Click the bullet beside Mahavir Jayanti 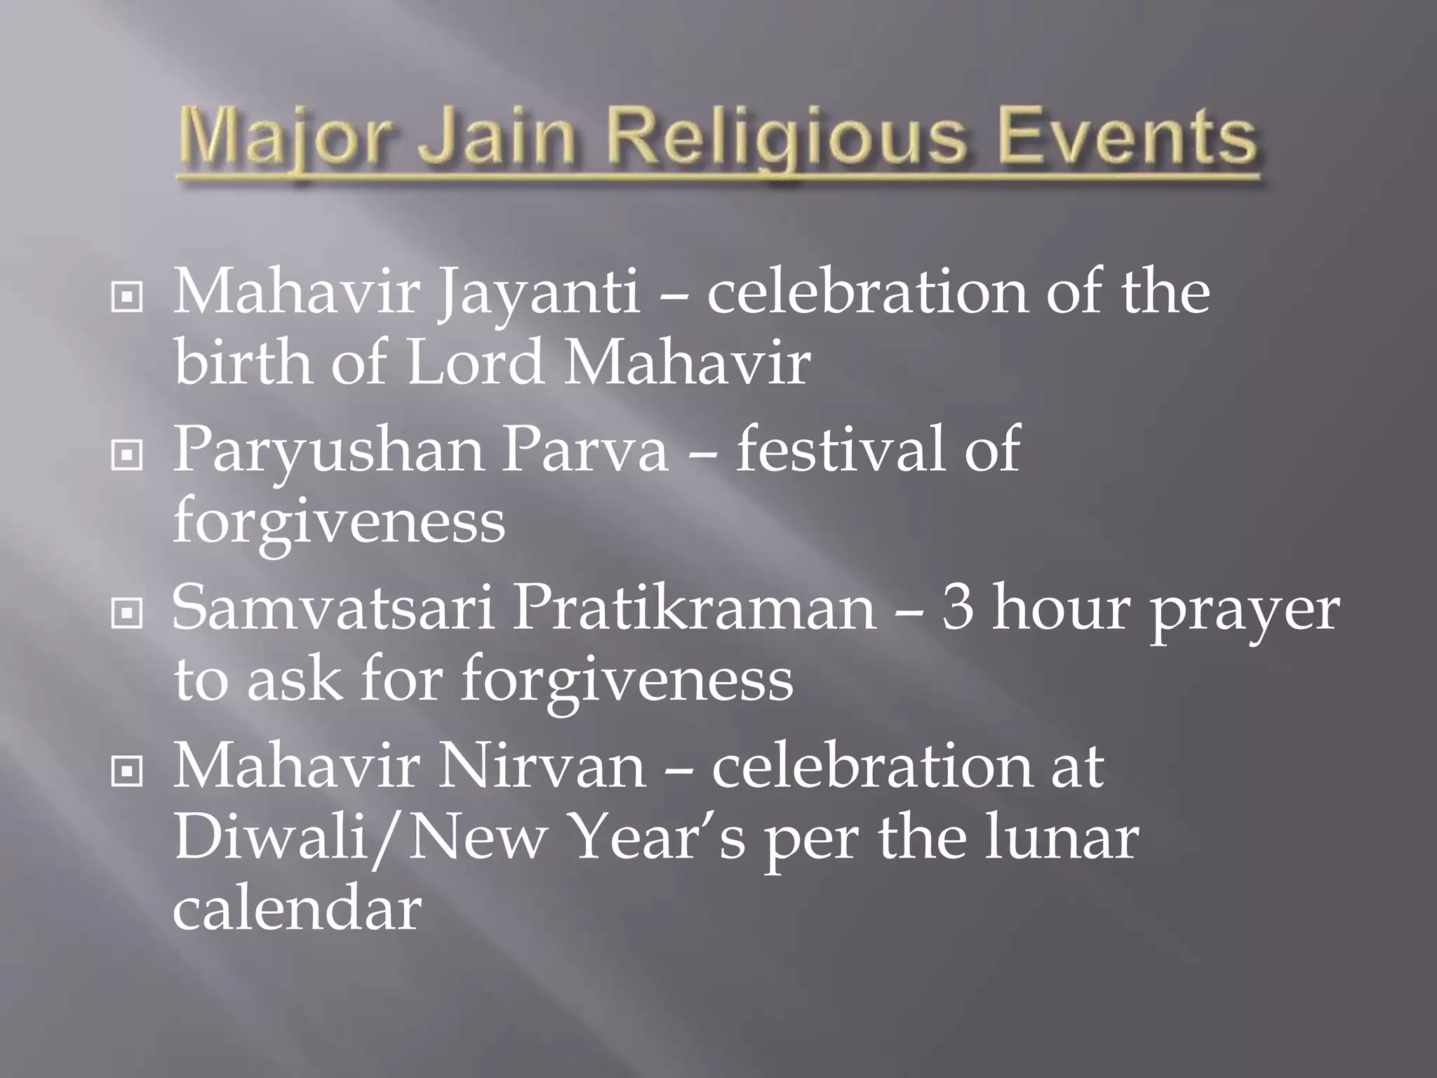(x=126, y=298)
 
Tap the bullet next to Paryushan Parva (x=126, y=456)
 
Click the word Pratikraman (x=694, y=608)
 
